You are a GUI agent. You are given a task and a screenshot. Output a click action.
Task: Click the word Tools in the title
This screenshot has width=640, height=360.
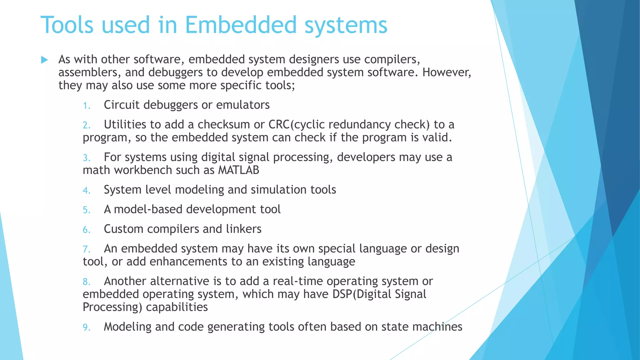pos(67,25)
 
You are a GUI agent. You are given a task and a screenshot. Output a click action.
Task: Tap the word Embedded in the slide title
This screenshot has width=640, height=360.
pos(241,25)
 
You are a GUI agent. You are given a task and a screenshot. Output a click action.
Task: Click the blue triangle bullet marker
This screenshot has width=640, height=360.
pos(44,60)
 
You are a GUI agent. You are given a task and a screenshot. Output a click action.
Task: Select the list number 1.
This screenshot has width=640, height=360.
pos(86,106)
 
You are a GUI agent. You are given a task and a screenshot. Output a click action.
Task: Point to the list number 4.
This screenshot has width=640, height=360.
pos(86,191)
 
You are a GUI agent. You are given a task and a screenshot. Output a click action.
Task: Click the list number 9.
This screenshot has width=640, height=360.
pos(86,327)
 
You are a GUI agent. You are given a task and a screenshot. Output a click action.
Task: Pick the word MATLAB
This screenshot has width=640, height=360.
pos(238,170)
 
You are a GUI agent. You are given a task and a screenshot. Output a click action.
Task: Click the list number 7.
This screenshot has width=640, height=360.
pos(86,249)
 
